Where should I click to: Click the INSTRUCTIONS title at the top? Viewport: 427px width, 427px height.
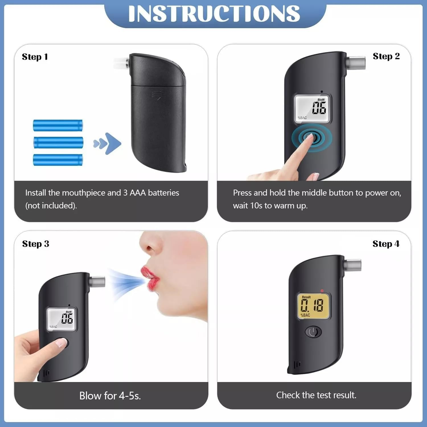click(x=214, y=13)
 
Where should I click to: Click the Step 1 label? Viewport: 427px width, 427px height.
click(x=35, y=57)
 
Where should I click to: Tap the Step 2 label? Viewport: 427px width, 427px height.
click(x=386, y=56)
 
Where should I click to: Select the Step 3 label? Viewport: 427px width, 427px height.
click(x=36, y=244)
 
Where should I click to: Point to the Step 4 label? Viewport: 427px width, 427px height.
click(x=386, y=244)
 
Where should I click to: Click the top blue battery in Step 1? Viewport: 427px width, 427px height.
click(x=58, y=126)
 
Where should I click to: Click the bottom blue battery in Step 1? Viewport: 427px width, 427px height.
click(x=58, y=160)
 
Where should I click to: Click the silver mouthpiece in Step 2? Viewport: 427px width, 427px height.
click(x=356, y=63)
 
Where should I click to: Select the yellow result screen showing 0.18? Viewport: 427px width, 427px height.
click(x=313, y=306)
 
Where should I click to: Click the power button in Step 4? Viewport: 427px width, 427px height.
click(x=313, y=332)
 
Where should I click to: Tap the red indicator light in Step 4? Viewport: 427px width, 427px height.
click(x=322, y=291)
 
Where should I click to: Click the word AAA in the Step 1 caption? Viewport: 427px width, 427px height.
click(x=138, y=193)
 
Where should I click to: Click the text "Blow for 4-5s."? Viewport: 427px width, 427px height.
click(x=110, y=396)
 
